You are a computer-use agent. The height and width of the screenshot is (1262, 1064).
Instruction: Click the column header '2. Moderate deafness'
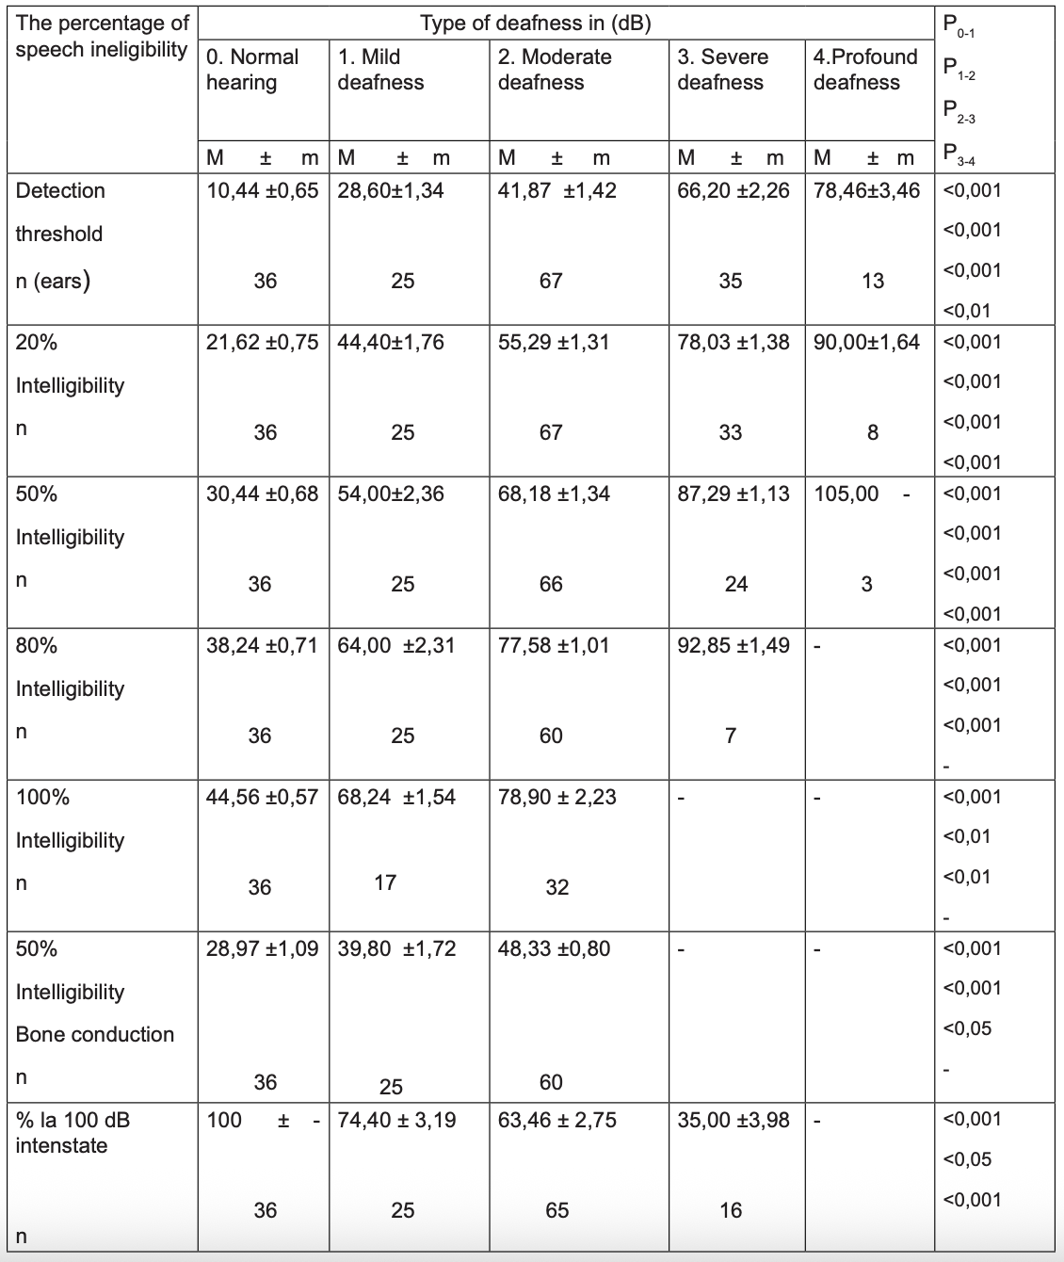555,70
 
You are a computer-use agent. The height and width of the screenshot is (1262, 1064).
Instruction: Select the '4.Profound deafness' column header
864,70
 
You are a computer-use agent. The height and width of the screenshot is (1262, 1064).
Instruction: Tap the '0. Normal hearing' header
251,70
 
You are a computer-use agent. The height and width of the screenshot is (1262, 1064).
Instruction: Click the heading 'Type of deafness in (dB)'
535,24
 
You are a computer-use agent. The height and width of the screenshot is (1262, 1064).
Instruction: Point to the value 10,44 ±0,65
263,191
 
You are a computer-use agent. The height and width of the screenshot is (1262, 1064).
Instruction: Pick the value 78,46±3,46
866,191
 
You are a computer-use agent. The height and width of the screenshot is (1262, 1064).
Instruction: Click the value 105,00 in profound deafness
846,493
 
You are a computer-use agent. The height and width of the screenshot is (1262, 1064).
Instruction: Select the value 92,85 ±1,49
734,645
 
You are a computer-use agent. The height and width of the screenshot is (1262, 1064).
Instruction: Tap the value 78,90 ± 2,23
556,797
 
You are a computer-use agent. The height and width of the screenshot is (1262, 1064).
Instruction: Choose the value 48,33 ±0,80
554,948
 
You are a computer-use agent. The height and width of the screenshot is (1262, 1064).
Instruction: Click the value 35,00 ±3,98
734,1120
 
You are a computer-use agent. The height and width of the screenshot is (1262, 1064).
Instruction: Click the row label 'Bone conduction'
95,1034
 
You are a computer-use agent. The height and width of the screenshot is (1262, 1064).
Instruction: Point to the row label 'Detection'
60,191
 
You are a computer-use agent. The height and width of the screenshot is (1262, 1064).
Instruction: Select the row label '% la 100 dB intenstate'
73,1132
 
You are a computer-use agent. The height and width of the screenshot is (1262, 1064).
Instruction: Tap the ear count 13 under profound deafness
873,281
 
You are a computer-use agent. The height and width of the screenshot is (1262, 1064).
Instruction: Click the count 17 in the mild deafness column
385,882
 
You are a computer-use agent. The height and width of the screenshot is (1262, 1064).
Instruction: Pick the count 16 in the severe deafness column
731,1210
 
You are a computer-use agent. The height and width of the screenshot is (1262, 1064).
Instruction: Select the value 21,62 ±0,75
263,342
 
